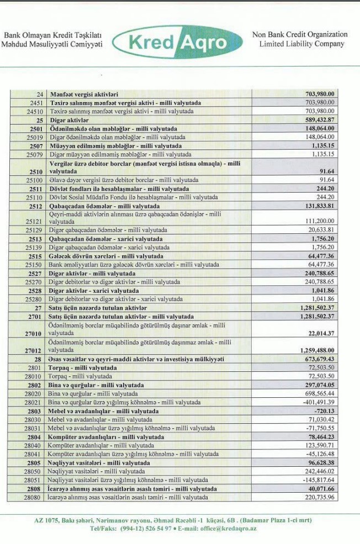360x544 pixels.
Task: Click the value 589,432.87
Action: pyautogui.click(x=320, y=120)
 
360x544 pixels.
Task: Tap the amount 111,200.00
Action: pyautogui.click(x=320, y=221)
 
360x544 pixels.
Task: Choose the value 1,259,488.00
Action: pyautogui.click(x=317, y=350)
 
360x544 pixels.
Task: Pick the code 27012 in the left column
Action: pyautogui.click(x=34, y=350)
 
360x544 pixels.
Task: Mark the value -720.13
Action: pyautogui.click(x=324, y=411)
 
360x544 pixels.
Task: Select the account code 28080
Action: pyautogui.click(x=34, y=497)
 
